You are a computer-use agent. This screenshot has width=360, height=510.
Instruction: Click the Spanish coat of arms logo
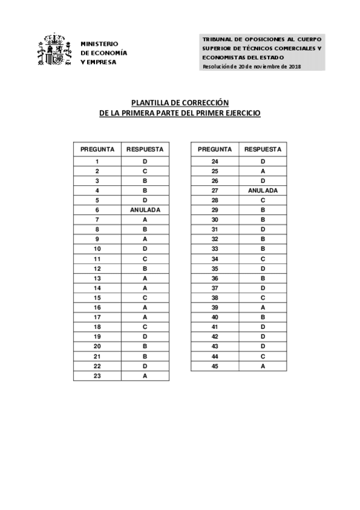(55, 52)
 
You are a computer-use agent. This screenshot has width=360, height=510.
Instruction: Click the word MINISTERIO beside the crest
(99, 44)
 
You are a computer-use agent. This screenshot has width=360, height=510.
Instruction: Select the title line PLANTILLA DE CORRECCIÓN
(180, 102)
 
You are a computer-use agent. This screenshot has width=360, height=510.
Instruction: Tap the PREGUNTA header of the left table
(97, 149)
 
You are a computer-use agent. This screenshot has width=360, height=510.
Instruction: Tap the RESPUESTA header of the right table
(263, 149)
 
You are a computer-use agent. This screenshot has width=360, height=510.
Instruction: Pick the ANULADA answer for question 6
(145, 210)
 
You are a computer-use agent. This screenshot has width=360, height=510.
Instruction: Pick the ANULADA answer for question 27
(263, 191)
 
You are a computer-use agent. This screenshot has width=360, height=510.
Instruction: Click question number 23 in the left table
(97, 376)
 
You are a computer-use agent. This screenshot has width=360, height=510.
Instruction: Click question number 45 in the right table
(215, 366)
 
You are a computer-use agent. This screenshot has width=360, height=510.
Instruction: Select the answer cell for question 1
(145, 161)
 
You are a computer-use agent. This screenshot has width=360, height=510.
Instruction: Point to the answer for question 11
(145, 259)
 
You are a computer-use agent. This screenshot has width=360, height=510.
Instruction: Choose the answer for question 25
(263, 171)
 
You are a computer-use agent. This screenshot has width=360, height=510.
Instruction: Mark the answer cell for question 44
(263, 357)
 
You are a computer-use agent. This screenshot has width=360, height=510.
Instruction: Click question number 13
(97, 278)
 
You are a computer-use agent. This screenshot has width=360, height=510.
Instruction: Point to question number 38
(215, 298)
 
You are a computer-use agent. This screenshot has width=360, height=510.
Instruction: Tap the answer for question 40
(263, 317)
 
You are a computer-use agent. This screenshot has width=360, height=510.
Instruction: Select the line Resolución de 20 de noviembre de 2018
(252, 66)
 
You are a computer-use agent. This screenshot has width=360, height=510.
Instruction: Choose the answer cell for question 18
(145, 327)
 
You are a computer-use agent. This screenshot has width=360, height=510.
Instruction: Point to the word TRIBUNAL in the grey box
(217, 39)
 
